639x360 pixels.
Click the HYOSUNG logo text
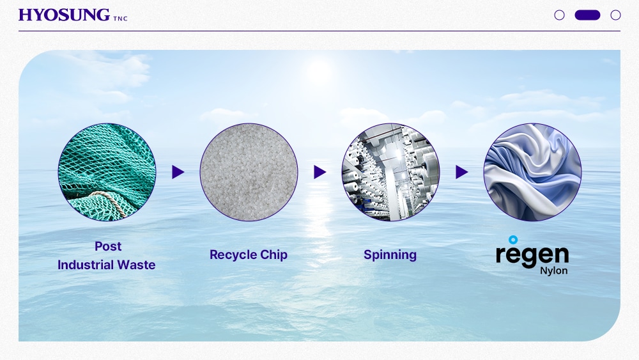tap(64, 15)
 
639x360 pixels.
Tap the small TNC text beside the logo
tap(120, 19)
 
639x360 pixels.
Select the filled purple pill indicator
tap(587, 15)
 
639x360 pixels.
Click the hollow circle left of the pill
tap(560, 15)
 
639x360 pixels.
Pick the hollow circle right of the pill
tap(615, 15)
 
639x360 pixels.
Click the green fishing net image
tap(107, 172)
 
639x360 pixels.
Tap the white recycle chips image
tap(249, 172)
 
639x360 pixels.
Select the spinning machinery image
tap(390, 172)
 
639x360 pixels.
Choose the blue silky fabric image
tap(532, 172)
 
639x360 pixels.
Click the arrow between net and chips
tap(178, 172)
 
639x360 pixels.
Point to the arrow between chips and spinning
tap(319, 172)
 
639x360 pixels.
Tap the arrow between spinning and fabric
tap(461, 172)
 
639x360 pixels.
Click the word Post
tap(108, 246)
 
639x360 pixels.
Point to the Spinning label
tap(390, 254)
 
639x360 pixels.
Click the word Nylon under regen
tap(554, 270)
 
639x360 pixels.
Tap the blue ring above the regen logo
tap(514, 240)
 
